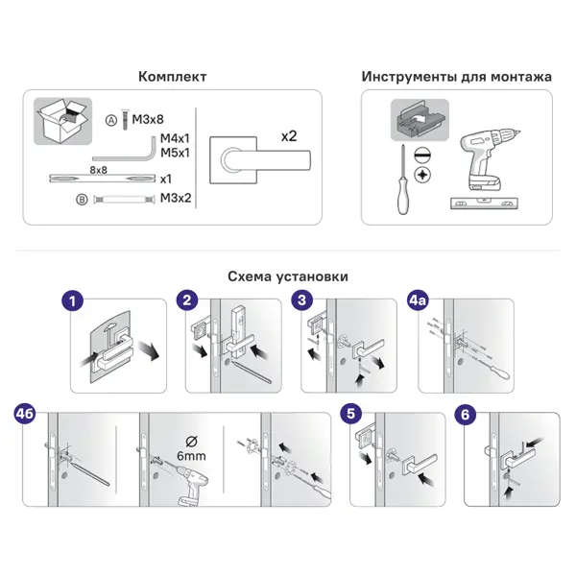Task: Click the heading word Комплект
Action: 172,77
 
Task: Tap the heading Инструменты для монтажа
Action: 457,77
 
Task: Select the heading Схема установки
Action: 288,276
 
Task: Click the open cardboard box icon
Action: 62,121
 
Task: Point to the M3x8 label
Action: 148,119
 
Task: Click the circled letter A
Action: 111,120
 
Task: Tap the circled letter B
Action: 82,200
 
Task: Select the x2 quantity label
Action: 289,136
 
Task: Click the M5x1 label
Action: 175,153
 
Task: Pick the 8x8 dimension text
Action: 99,170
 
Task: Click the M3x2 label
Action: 176,198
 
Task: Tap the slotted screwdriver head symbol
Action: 422,155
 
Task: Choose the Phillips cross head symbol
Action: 422,175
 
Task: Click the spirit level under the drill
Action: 484,204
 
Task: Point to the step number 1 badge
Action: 72,301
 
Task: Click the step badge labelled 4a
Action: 418,300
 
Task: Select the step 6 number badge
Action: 465,415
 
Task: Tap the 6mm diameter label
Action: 191,456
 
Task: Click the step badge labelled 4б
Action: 25,414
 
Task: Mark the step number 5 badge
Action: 351,414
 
